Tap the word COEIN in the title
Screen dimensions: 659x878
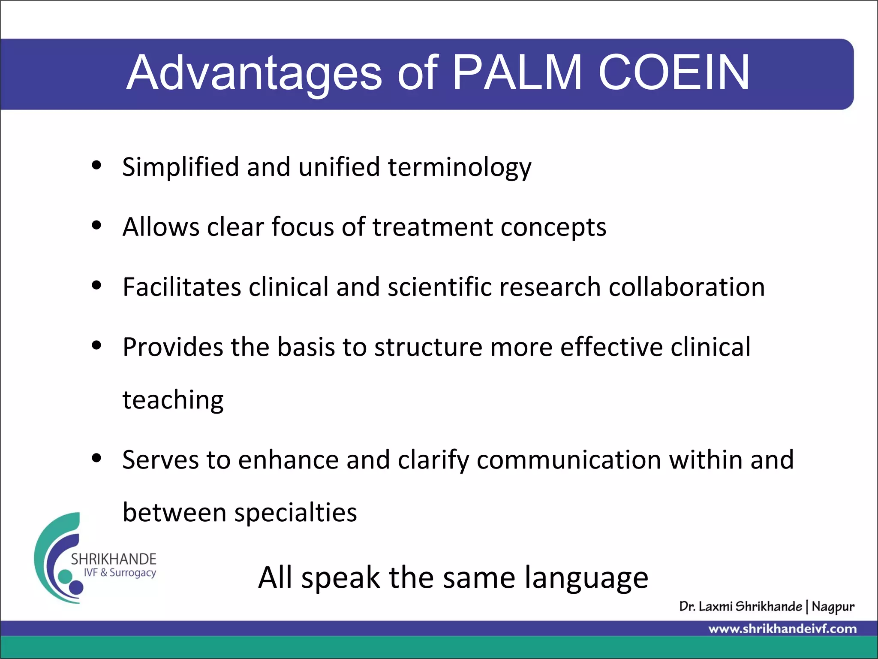tap(674, 73)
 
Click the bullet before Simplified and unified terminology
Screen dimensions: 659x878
tap(96, 165)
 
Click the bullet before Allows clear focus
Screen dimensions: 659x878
tap(96, 225)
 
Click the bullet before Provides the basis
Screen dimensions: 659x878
tap(96, 345)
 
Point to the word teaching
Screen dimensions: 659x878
tap(173, 401)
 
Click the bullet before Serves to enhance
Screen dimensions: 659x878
tap(96, 458)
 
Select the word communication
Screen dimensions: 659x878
tap(568, 460)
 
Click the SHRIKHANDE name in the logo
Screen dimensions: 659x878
tap(114, 559)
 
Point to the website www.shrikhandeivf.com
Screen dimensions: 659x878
tap(782, 629)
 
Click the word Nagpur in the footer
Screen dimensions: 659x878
tap(833, 607)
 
